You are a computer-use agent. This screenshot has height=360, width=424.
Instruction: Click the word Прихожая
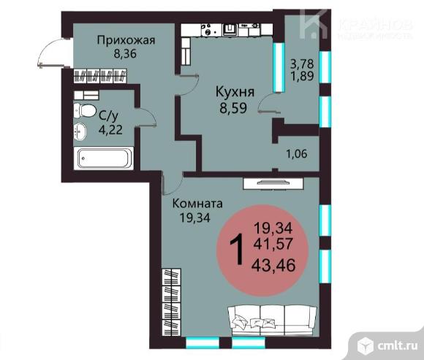click(122, 40)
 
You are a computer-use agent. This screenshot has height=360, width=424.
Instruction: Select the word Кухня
click(234, 92)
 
